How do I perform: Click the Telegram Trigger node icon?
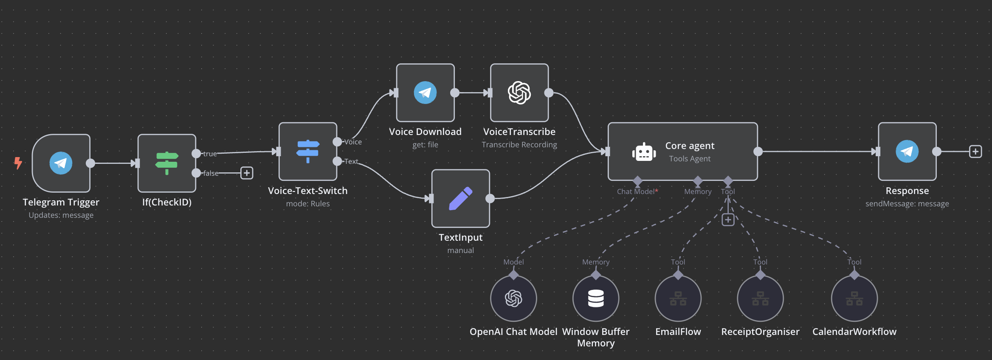61,163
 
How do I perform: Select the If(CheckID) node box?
166,163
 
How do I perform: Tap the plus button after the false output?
247,173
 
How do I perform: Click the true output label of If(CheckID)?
210,154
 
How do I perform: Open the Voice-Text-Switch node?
307,151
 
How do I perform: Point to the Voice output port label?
353,142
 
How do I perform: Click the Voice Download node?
425,93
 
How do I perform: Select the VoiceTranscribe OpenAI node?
519,93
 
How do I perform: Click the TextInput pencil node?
460,198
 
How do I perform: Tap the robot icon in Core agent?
644,152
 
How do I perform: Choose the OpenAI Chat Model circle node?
513,298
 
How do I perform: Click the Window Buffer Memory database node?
596,298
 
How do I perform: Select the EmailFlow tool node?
678,298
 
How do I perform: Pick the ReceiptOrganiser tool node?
760,298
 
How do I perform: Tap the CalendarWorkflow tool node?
854,298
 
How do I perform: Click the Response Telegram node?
907,151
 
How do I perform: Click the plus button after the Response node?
975,152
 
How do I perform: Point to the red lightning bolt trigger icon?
18,163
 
